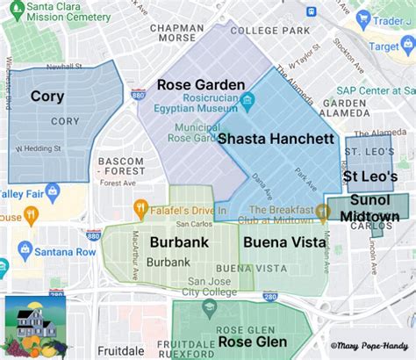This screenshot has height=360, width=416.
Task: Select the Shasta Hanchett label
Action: pyautogui.click(x=275, y=139)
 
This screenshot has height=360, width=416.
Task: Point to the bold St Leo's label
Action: pyautogui.click(x=369, y=176)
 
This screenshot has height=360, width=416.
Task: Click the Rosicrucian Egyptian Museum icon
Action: pyautogui.click(x=248, y=102)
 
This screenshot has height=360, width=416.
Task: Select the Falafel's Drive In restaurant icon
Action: pyautogui.click(x=139, y=209)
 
